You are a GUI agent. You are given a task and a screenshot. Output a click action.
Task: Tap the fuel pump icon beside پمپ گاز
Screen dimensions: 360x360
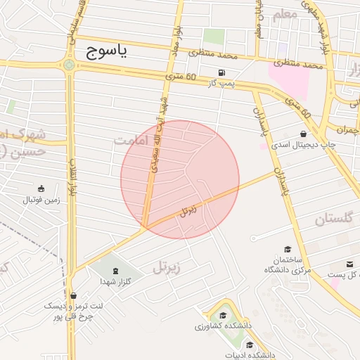point(223,72)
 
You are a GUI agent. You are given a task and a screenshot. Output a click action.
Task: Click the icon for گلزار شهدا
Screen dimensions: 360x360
point(115,271)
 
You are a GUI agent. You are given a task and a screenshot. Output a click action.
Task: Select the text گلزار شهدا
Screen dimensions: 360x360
point(115,281)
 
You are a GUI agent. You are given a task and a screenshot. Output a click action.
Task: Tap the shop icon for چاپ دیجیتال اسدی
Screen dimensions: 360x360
point(303,134)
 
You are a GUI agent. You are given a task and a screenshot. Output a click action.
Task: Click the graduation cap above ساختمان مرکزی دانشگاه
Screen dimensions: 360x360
point(287,249)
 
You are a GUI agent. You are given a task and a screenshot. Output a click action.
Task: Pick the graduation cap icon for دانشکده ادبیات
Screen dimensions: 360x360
point(250,345)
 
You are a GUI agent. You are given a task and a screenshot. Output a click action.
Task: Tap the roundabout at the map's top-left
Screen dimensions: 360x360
point(69,65)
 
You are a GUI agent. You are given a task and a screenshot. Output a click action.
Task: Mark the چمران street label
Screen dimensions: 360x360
point(347,130)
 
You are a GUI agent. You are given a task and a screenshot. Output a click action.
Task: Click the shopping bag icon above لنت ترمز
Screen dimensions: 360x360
point(74,295)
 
